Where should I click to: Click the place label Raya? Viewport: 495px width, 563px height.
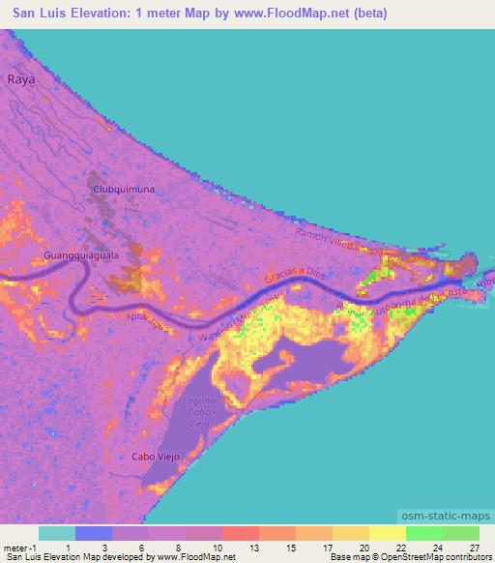click(x=21, y=80)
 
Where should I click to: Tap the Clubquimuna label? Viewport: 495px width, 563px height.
click(x=123, y=191)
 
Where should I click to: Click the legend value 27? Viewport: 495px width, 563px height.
click(x=474, y=547)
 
